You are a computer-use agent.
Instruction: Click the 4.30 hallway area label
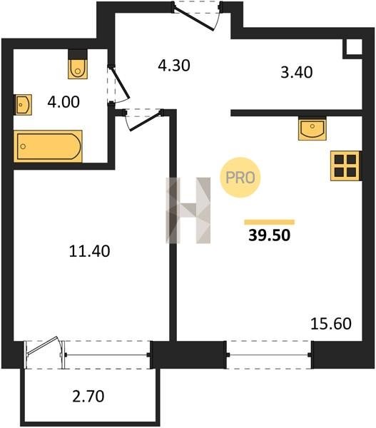tap(174, 66)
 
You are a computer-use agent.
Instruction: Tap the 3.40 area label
tap(297, 73)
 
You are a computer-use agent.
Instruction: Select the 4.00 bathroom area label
tap(63, 102)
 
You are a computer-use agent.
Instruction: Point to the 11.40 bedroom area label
tap(89, 251)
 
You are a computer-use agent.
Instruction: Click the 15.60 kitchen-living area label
tap(331, 324)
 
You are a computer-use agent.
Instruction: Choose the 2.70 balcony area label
tap(88, 397)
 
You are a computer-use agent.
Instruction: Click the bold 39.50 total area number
tap(269, 235)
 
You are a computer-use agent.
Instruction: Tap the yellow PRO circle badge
tap(240, 178)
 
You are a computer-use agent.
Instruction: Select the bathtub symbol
tap(48, 146)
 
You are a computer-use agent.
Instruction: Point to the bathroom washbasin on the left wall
tap(23, 105)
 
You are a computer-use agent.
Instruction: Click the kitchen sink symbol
tap(313, 128)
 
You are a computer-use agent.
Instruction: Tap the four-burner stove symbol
tap(346, 165)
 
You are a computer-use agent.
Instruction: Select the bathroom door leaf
tap(121, 83)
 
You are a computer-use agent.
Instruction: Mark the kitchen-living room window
tap(269, 355)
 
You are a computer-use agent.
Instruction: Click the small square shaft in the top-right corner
tap(353, 49)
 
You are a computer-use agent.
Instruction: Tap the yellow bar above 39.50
tap(270, 222)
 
